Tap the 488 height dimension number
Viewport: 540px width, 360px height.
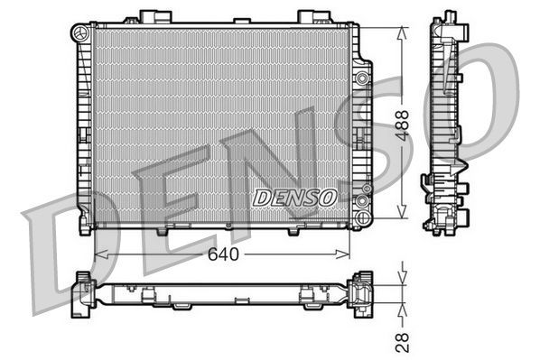click(x=404, y=124)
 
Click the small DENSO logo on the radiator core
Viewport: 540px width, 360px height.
click(x=294, y=196)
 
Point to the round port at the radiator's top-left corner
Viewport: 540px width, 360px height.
click(x=81, y=33)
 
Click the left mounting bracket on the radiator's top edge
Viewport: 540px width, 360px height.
click(x=149, y=17)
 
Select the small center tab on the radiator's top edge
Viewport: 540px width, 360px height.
click(x=242, y=21)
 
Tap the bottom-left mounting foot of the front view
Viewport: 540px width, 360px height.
click(x=85, y=226)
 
